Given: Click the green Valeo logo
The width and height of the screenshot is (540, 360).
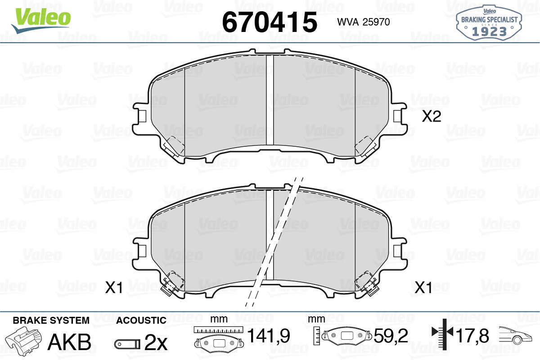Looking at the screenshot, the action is [x=41, y=20].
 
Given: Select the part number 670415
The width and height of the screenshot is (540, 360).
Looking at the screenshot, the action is [x=270, y=22].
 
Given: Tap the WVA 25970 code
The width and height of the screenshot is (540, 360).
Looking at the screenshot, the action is [x=364, y=22].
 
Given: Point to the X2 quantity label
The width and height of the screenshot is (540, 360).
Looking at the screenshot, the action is [x=432, y=117].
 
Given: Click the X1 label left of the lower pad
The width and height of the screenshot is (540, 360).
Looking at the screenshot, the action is [x=114, y=288].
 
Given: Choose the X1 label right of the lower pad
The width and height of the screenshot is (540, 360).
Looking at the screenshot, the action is [x=423, y=288].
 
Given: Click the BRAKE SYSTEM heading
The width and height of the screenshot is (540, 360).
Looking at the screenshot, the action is [x=51, y=320].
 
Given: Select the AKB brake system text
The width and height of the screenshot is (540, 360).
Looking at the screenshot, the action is [x=69, y=342].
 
